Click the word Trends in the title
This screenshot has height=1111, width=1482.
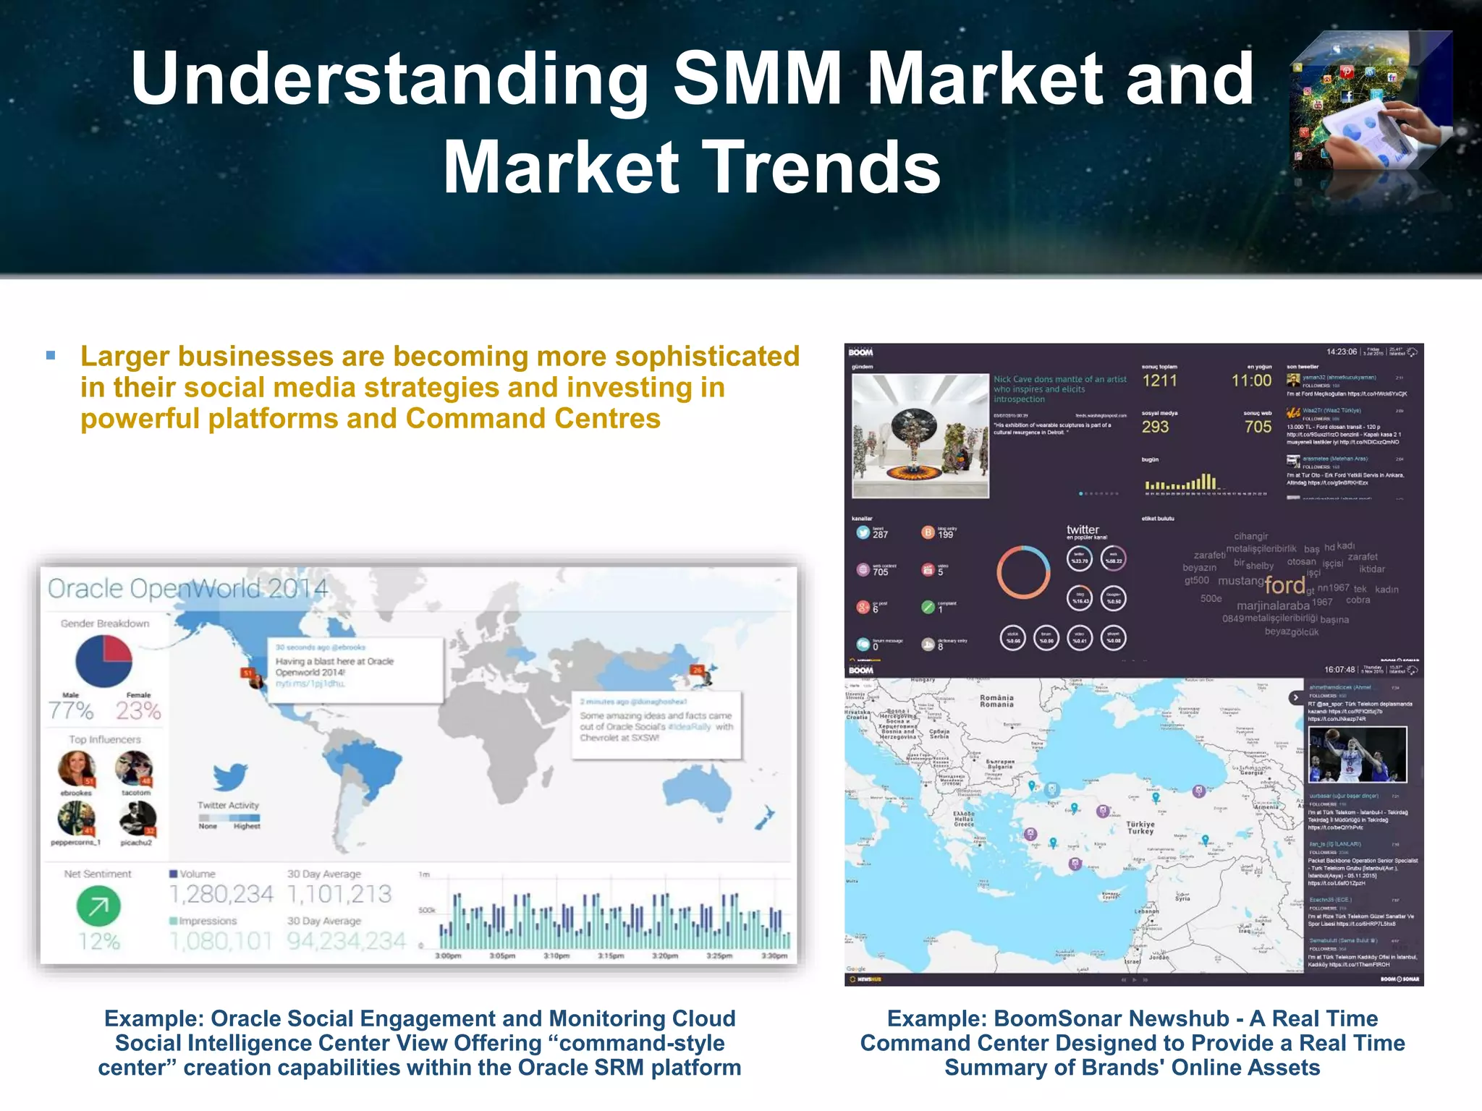click(821, 168)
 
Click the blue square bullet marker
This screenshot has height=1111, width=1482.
click(51, 355)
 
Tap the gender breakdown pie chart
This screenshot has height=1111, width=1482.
click(103, 661)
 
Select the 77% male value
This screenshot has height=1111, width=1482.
click(71, 711)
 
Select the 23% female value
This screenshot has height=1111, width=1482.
click(138, 711)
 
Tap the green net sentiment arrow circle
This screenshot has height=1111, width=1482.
click(98, 906)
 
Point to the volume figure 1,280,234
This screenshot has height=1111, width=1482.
click(221, 895)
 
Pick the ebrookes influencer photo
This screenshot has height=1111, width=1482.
click(77, 768)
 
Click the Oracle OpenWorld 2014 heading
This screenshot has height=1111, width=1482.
click(187, 589)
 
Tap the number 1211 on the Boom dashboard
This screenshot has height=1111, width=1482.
click(1159, 380)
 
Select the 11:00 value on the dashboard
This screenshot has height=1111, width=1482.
click(1251, 380)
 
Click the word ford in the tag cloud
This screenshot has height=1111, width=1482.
click(1284, 585)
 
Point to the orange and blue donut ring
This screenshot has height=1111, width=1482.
click(1023, 572)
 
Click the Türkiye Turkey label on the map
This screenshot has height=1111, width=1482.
click(1140, 827)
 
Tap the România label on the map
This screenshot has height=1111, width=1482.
click(996, 701)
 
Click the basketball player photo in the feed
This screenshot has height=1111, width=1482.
click(1358, 754)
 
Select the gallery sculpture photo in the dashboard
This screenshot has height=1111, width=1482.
click(920, 435)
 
